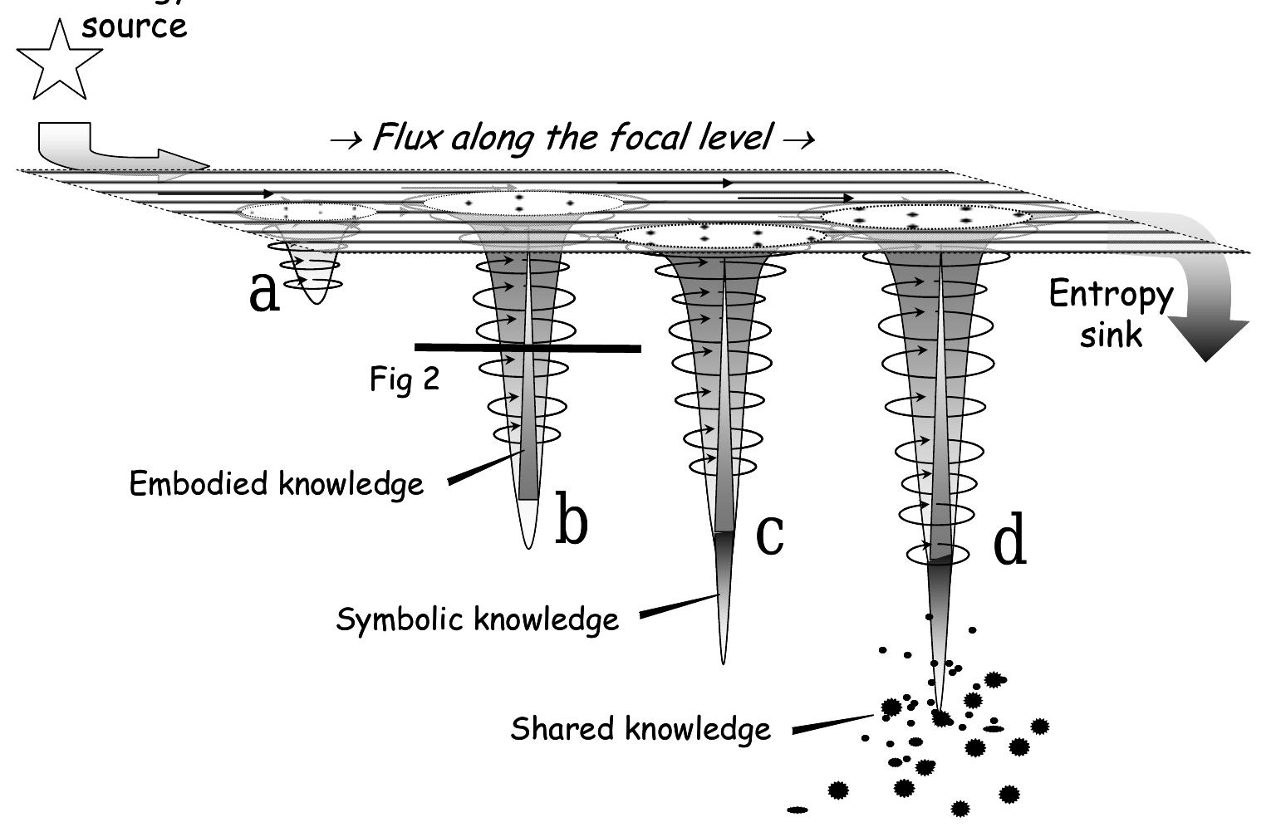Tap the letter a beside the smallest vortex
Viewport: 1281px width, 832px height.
coord(264,292)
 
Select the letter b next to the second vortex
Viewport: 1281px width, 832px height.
coord(572,520)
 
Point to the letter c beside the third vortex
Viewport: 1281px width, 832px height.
coord(770,533)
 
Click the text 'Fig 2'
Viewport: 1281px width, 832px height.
coord(405,379)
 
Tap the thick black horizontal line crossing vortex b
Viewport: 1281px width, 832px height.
coord(528,348)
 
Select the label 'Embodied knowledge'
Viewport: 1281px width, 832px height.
coord(277,483)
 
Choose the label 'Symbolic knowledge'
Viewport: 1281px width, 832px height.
coord(478,619)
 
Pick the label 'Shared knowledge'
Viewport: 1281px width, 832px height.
coord(640,729)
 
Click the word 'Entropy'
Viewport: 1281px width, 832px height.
coord(1111,295)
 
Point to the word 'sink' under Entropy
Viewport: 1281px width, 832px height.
coord(1111,335)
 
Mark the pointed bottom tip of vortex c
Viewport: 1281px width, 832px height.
coord(723,659)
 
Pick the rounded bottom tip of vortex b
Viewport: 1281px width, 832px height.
coord(528,544)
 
